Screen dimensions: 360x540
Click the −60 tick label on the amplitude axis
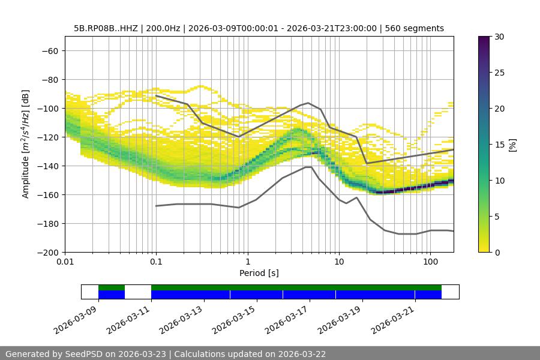[49, 50]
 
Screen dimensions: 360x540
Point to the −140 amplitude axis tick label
[47, 166]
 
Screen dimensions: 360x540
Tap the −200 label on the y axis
[47, 252]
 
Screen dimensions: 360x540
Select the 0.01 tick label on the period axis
[65, 262]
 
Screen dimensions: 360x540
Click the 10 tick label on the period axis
[339, 262]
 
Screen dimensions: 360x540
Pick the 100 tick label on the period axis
[430, 262]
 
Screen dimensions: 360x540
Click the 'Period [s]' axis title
[259, 273]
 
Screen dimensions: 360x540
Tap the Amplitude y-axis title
[25, 144]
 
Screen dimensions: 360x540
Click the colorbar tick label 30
[499, 37]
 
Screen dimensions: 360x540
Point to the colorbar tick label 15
[499, 145]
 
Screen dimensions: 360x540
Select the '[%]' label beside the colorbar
[512, 145]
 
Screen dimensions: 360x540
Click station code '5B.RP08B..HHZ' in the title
[106, 28]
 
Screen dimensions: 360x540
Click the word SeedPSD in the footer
[83, 354]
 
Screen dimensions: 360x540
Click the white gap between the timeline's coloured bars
[138, 292]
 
